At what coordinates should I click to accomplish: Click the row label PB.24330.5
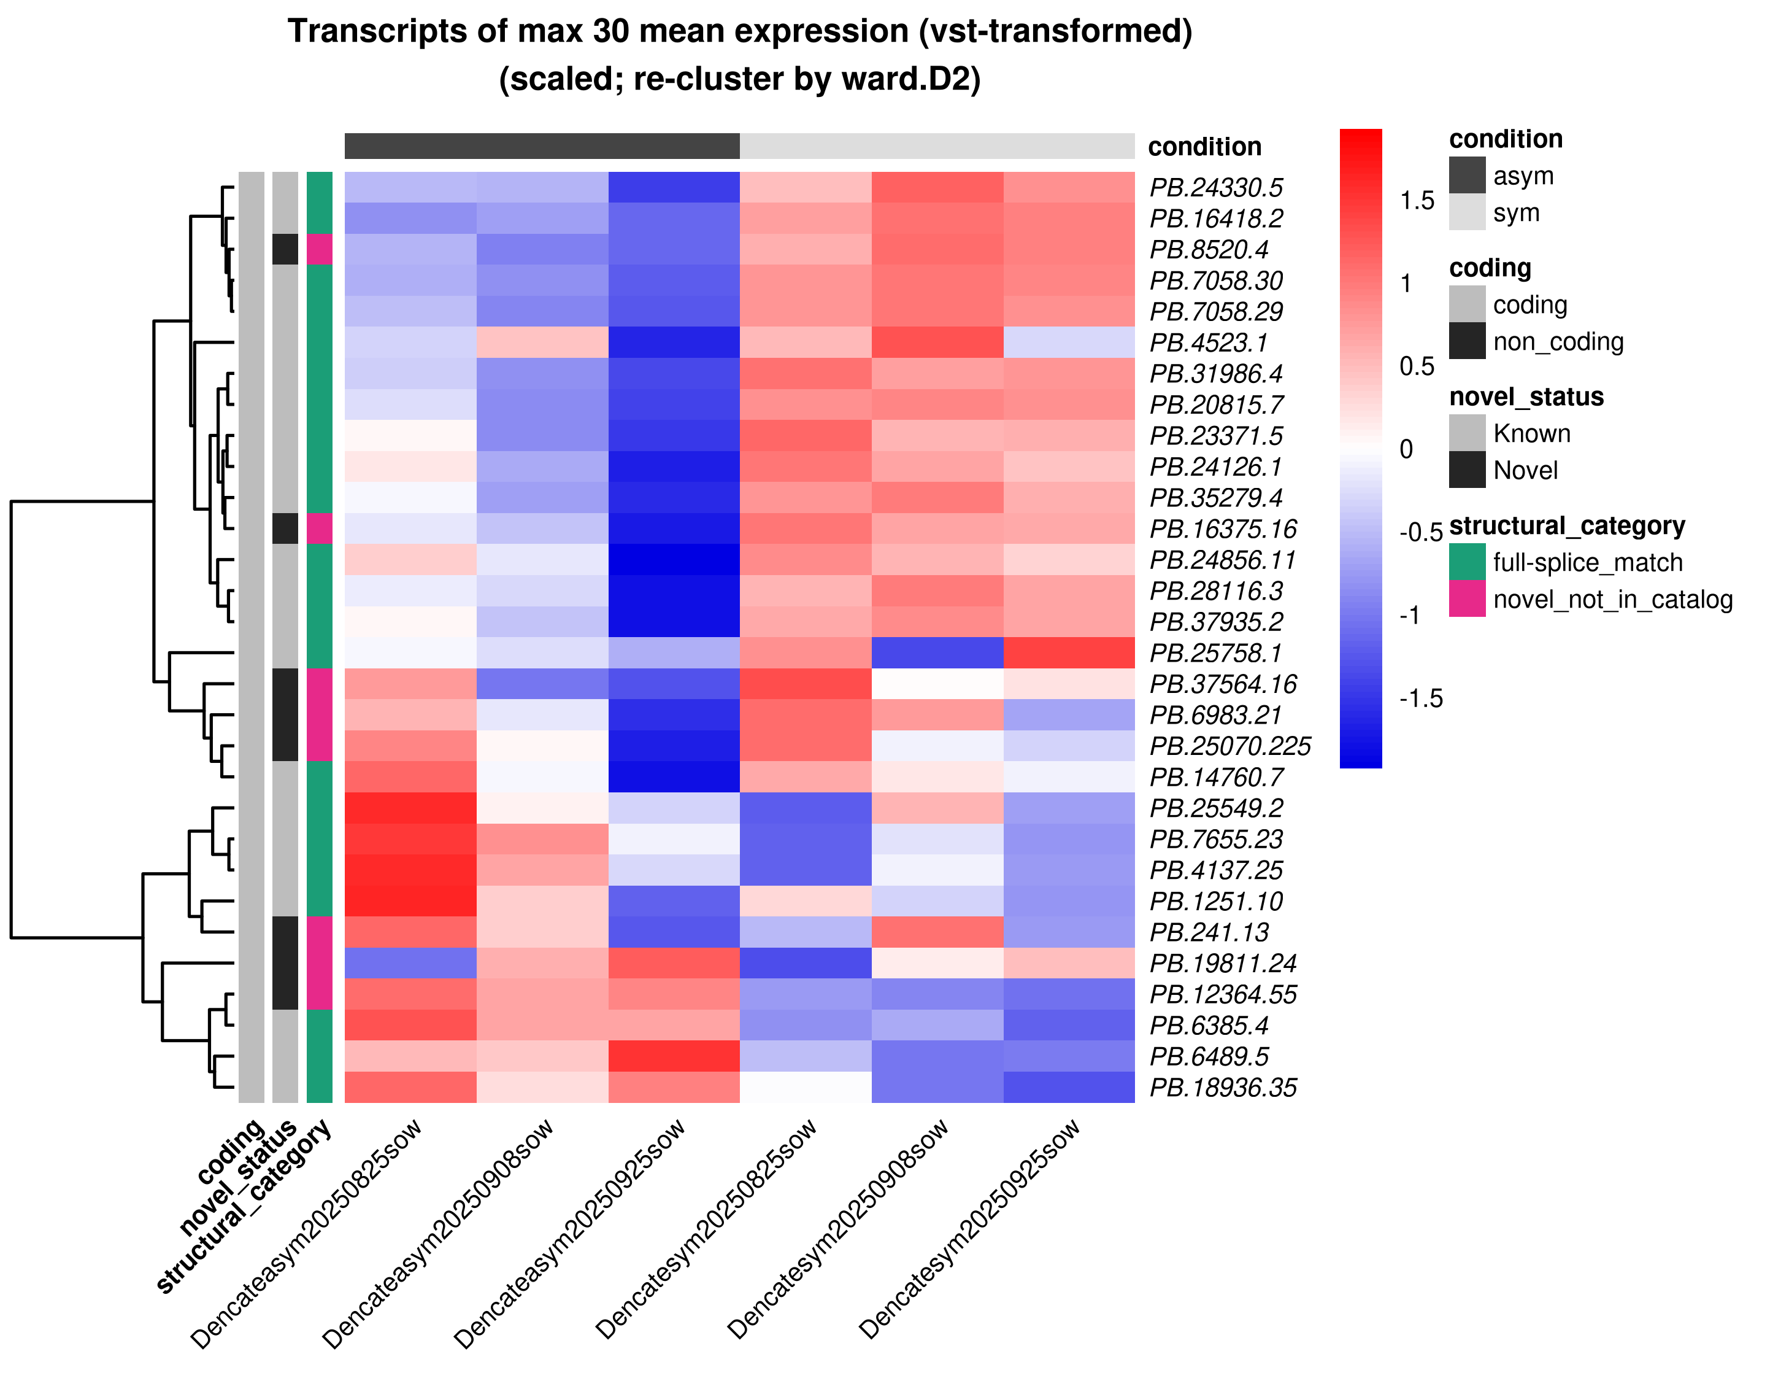(x=1217, y=188)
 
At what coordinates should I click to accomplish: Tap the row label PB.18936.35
(x=1224, y=1088)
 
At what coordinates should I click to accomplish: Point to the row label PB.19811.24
(x=1224, y=963)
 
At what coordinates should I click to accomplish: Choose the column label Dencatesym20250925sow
(x=970, y=1229)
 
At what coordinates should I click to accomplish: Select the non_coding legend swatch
(x=1467, y=341)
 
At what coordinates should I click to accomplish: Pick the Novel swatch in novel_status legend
(x=1467, y=470)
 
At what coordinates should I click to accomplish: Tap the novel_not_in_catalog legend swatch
(x=1467, y=599)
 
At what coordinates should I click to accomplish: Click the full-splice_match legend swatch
(x=1467, y=562)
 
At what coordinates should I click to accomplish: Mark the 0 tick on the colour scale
(x=1406, y=449)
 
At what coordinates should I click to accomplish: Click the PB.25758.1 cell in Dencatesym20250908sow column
(x=937, y=653)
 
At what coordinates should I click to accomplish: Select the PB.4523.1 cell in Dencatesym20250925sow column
(x=1069, y=342)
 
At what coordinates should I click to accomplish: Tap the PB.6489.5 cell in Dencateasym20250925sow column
(x=674, y=1056)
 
